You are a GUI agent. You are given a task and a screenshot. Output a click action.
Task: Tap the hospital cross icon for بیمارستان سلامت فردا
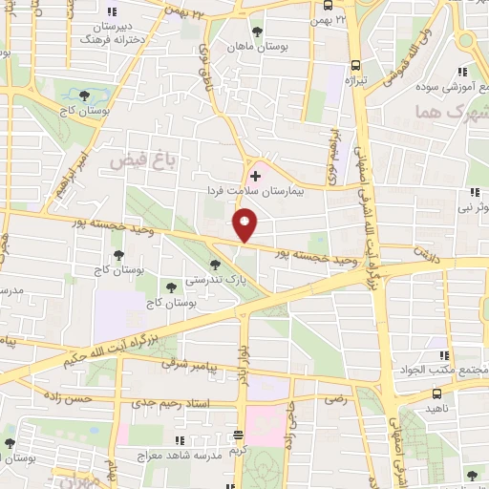(254, 176)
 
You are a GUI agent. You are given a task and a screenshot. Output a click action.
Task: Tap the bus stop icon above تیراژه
(355, 66)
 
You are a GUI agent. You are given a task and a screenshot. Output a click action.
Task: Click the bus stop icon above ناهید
(436, 392)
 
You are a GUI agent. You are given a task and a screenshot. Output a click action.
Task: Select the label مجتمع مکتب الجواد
(455, 370)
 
